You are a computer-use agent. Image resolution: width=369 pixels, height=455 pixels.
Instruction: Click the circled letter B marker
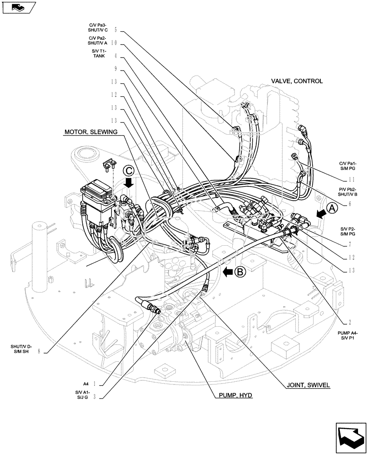tap(241, 272)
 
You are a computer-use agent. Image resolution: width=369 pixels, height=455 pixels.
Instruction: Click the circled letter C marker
tap(129, 171)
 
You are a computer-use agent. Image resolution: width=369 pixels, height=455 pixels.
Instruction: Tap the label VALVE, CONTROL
tap(297, 81)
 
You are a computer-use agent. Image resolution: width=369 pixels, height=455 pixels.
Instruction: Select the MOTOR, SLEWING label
tap(91, 132)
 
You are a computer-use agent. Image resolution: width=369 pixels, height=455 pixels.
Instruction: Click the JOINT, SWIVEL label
tap(308, 384)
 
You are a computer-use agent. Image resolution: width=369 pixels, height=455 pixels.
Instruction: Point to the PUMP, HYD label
tap(232, 395)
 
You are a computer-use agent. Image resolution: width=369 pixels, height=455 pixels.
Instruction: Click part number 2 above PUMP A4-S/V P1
tap(349, 322)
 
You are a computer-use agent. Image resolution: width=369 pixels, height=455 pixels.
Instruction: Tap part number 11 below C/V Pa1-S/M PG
tap(349, 180)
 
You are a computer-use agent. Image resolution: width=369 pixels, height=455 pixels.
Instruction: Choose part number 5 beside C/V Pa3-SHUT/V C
tap(115, 30)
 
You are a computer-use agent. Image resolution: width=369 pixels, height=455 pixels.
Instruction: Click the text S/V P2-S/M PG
tap(347, 230)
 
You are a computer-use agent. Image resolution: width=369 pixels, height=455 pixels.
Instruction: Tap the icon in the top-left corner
tap(17, 7)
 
